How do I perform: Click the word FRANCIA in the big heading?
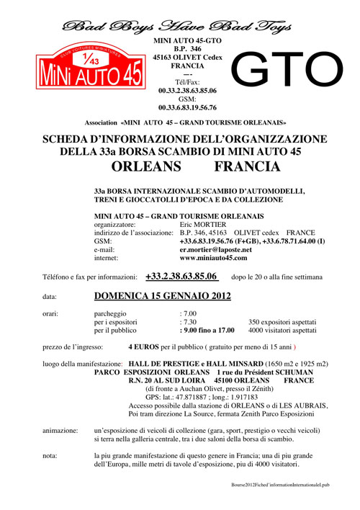tap(243, 166)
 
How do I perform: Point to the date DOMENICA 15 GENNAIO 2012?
tap(167, 296)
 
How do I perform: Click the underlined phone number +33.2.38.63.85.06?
tap(182, 276)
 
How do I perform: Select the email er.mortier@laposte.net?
tap(215, 249)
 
